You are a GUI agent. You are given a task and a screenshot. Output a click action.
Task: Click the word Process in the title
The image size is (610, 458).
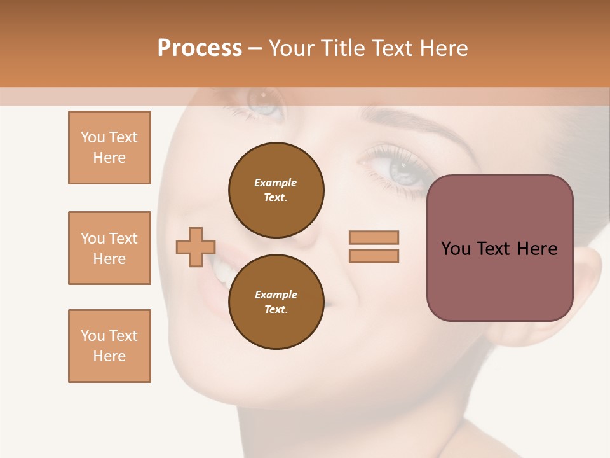click(200, 48)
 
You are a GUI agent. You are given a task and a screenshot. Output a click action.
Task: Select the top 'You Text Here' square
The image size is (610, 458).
click(109, 148)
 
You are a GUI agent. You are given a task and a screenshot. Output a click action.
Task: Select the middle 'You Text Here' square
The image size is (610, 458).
click(109, 248)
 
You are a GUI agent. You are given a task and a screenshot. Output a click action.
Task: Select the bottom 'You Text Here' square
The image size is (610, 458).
click(109, 346)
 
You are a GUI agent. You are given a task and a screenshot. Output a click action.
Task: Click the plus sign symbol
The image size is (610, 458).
click(196, 247)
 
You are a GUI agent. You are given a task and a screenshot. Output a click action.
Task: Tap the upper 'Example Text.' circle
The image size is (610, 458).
click(276, 190)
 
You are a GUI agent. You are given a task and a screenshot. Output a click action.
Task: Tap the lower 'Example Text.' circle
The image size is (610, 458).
click(276, 302)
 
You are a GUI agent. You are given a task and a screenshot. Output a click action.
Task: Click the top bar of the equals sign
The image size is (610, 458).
click(374, 237)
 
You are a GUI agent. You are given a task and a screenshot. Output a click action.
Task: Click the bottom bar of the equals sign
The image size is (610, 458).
click(374, 256)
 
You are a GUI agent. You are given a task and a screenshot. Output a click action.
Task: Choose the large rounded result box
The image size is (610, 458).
click(499, 248)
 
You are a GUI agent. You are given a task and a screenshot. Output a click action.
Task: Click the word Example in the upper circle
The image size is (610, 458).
click(275, 183)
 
